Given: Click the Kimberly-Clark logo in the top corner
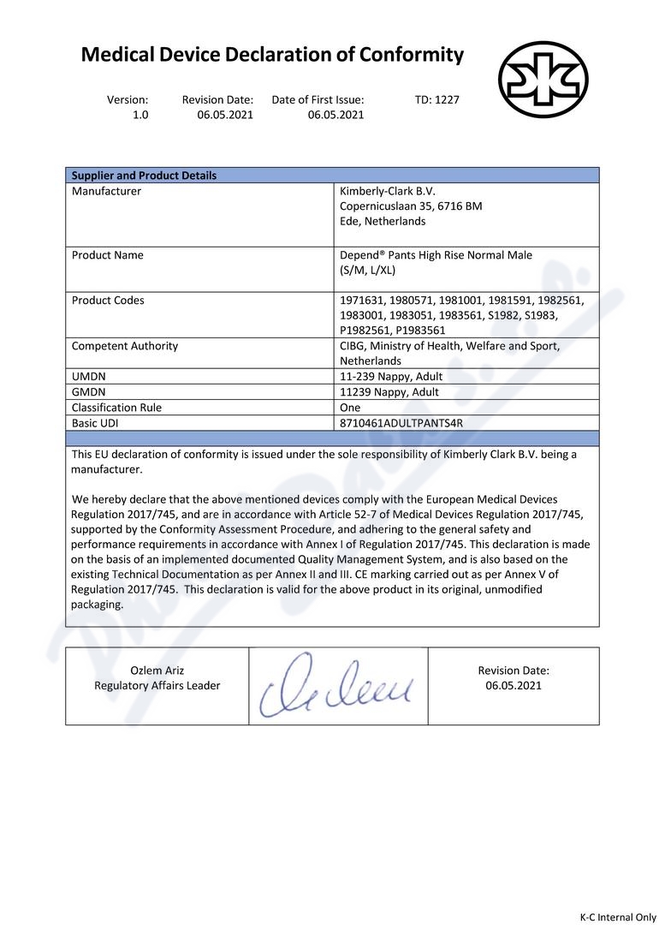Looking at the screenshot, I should tap(543, 79).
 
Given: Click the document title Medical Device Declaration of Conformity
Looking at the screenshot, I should tap(272, 56).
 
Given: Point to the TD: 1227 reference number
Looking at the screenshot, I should tap(436, 99).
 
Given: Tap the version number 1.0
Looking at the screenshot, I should tap(140, 115).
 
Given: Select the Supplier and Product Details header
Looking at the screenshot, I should tap(144, 176).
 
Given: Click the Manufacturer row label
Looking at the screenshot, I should tap(106, 191).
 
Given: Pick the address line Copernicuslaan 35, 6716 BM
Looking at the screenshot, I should tap(411, 206).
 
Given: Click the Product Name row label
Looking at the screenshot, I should tap(108, 255).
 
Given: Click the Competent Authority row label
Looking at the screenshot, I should tap(125, 346).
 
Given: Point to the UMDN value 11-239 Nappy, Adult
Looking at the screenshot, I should tap(391, 377).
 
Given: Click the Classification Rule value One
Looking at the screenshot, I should tap(350, 408).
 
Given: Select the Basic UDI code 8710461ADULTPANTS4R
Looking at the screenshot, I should tap(401, 423).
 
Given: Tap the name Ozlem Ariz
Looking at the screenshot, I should tap(157, 671).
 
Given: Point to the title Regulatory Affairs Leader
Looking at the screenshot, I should tap(157, 686).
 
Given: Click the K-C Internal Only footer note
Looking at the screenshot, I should tap(617, 917).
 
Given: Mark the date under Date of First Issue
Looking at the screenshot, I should tap(335, 115).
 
